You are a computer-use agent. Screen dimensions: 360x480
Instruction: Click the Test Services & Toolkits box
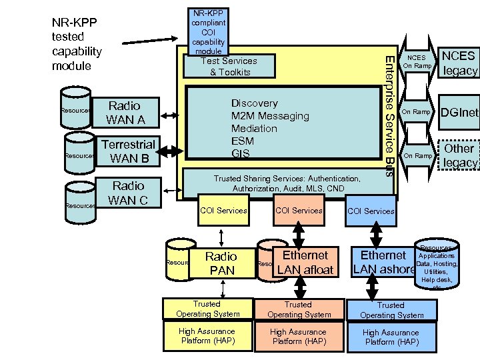(x=229, y=67)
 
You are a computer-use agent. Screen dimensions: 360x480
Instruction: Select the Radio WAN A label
(x=126, y=113)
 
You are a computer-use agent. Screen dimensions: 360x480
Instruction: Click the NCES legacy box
(x=459, y=63)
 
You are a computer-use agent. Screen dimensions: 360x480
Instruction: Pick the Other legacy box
(x=459, y=155)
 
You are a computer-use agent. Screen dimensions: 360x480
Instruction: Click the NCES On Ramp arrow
(x=417, y=63)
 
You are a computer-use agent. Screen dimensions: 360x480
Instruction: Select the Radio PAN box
(x=221, y=263)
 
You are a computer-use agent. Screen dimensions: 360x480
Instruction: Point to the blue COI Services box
(x=371, y=211)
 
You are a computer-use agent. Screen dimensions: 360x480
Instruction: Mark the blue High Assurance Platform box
(x=391, y=337)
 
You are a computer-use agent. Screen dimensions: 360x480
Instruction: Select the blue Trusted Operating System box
(x=391, y=310)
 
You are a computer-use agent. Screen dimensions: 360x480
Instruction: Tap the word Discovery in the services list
(x=254, y=103)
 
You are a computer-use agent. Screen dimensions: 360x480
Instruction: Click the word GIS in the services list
(x=240, y=154)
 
